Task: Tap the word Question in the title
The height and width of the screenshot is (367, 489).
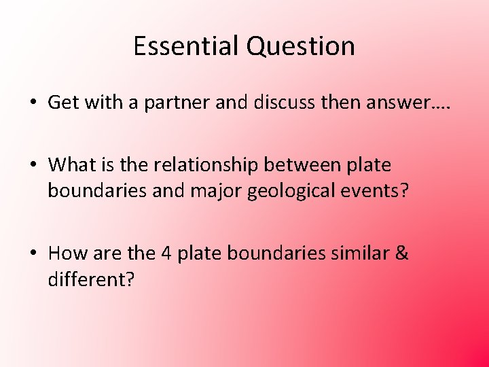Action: [300, 46]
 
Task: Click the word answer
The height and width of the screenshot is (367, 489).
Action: [380, 103]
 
